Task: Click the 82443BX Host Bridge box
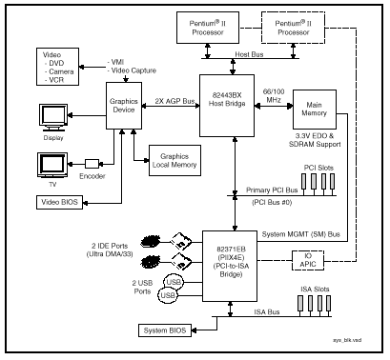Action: point(227,106)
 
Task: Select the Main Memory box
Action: point(315,110)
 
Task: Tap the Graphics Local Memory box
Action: point(174,160)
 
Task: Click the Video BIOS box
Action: point(59,202)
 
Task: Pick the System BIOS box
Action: point(165,330)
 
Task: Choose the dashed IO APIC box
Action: point(308,260)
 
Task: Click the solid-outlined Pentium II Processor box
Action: point(208,28)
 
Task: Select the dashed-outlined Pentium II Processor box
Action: point(293,28)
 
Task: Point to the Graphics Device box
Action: point(124,106)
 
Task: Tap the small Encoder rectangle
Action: point(92,164)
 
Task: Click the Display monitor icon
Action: point(53,117)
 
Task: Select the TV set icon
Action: point(52,166)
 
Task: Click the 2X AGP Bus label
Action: point(174,101)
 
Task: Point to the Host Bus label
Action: point(249,54)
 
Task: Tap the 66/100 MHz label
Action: point(274,95)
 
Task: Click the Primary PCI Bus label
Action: point(272,190)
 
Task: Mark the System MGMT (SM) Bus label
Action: point(300,234)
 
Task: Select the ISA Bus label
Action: point(267,312)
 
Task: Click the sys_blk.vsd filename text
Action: point(347,340)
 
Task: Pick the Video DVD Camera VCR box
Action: point(57,67)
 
